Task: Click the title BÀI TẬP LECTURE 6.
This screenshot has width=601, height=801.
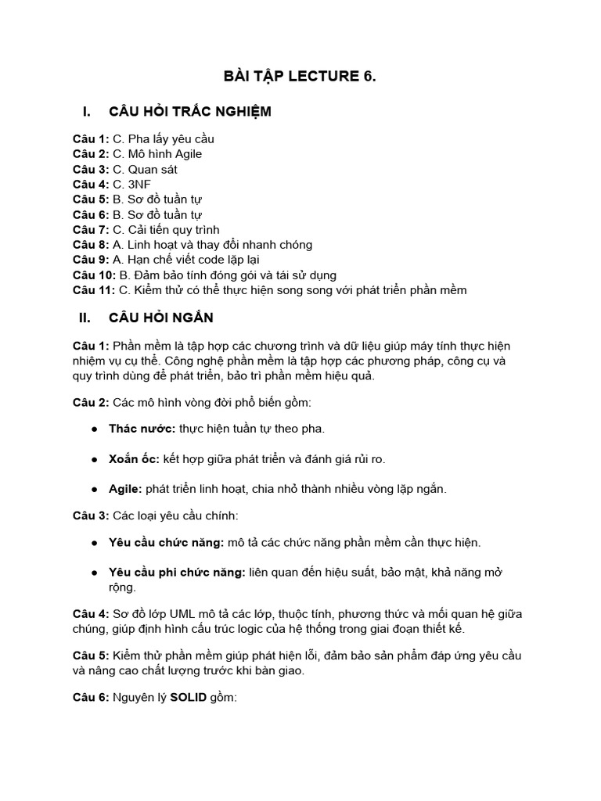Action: [x=300, y=76]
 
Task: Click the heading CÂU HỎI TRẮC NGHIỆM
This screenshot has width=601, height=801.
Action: [x=190, y=111]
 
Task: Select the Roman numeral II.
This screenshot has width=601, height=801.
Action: [x=86, y=318]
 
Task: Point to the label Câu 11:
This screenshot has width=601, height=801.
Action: [x=94, y=290]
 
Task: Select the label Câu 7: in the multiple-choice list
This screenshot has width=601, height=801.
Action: [x=91, y=230]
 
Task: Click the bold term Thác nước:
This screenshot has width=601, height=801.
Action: [x=142, y=429]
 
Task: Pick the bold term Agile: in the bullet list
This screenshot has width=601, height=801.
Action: [x=125, y=489]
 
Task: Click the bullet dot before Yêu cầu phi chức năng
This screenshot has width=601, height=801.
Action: [x=95, y=573]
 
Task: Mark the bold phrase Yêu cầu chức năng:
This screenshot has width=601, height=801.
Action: [x=167, y=542]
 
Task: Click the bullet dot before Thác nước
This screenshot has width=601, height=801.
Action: [x=95, y=429]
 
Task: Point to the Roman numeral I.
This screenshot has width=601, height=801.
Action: [x=86, y=111]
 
